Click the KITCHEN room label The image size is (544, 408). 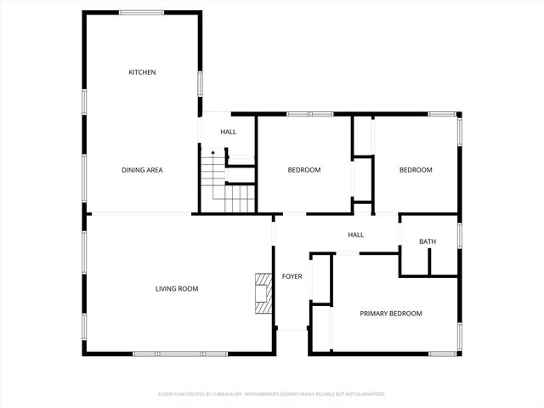pyautogui.click(x=142, y=72)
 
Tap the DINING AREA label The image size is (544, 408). pyautogui.click(x=142, y=170)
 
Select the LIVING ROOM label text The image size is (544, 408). pyautogui.click(x=176, y=289)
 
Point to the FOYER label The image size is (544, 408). pyautogui.click(x=292, y=276)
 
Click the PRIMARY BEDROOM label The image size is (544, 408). pyautogui.click(x=390, y=314)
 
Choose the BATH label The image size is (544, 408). pyautogui.click(x=427, y=242)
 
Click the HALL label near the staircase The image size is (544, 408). pyautogui.click(x=228, y=132)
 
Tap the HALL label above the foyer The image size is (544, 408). pyautogui.click(x=355, y=235)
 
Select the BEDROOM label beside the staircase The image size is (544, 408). pyautogui.click(x=303, y=170)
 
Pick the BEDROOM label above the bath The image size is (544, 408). pyautogui.click(x=416, y=170)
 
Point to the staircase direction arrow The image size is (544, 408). pyautogui.click(x=213, y=154)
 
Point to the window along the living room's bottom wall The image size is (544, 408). pyautogui.click(x=180, y=353)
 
